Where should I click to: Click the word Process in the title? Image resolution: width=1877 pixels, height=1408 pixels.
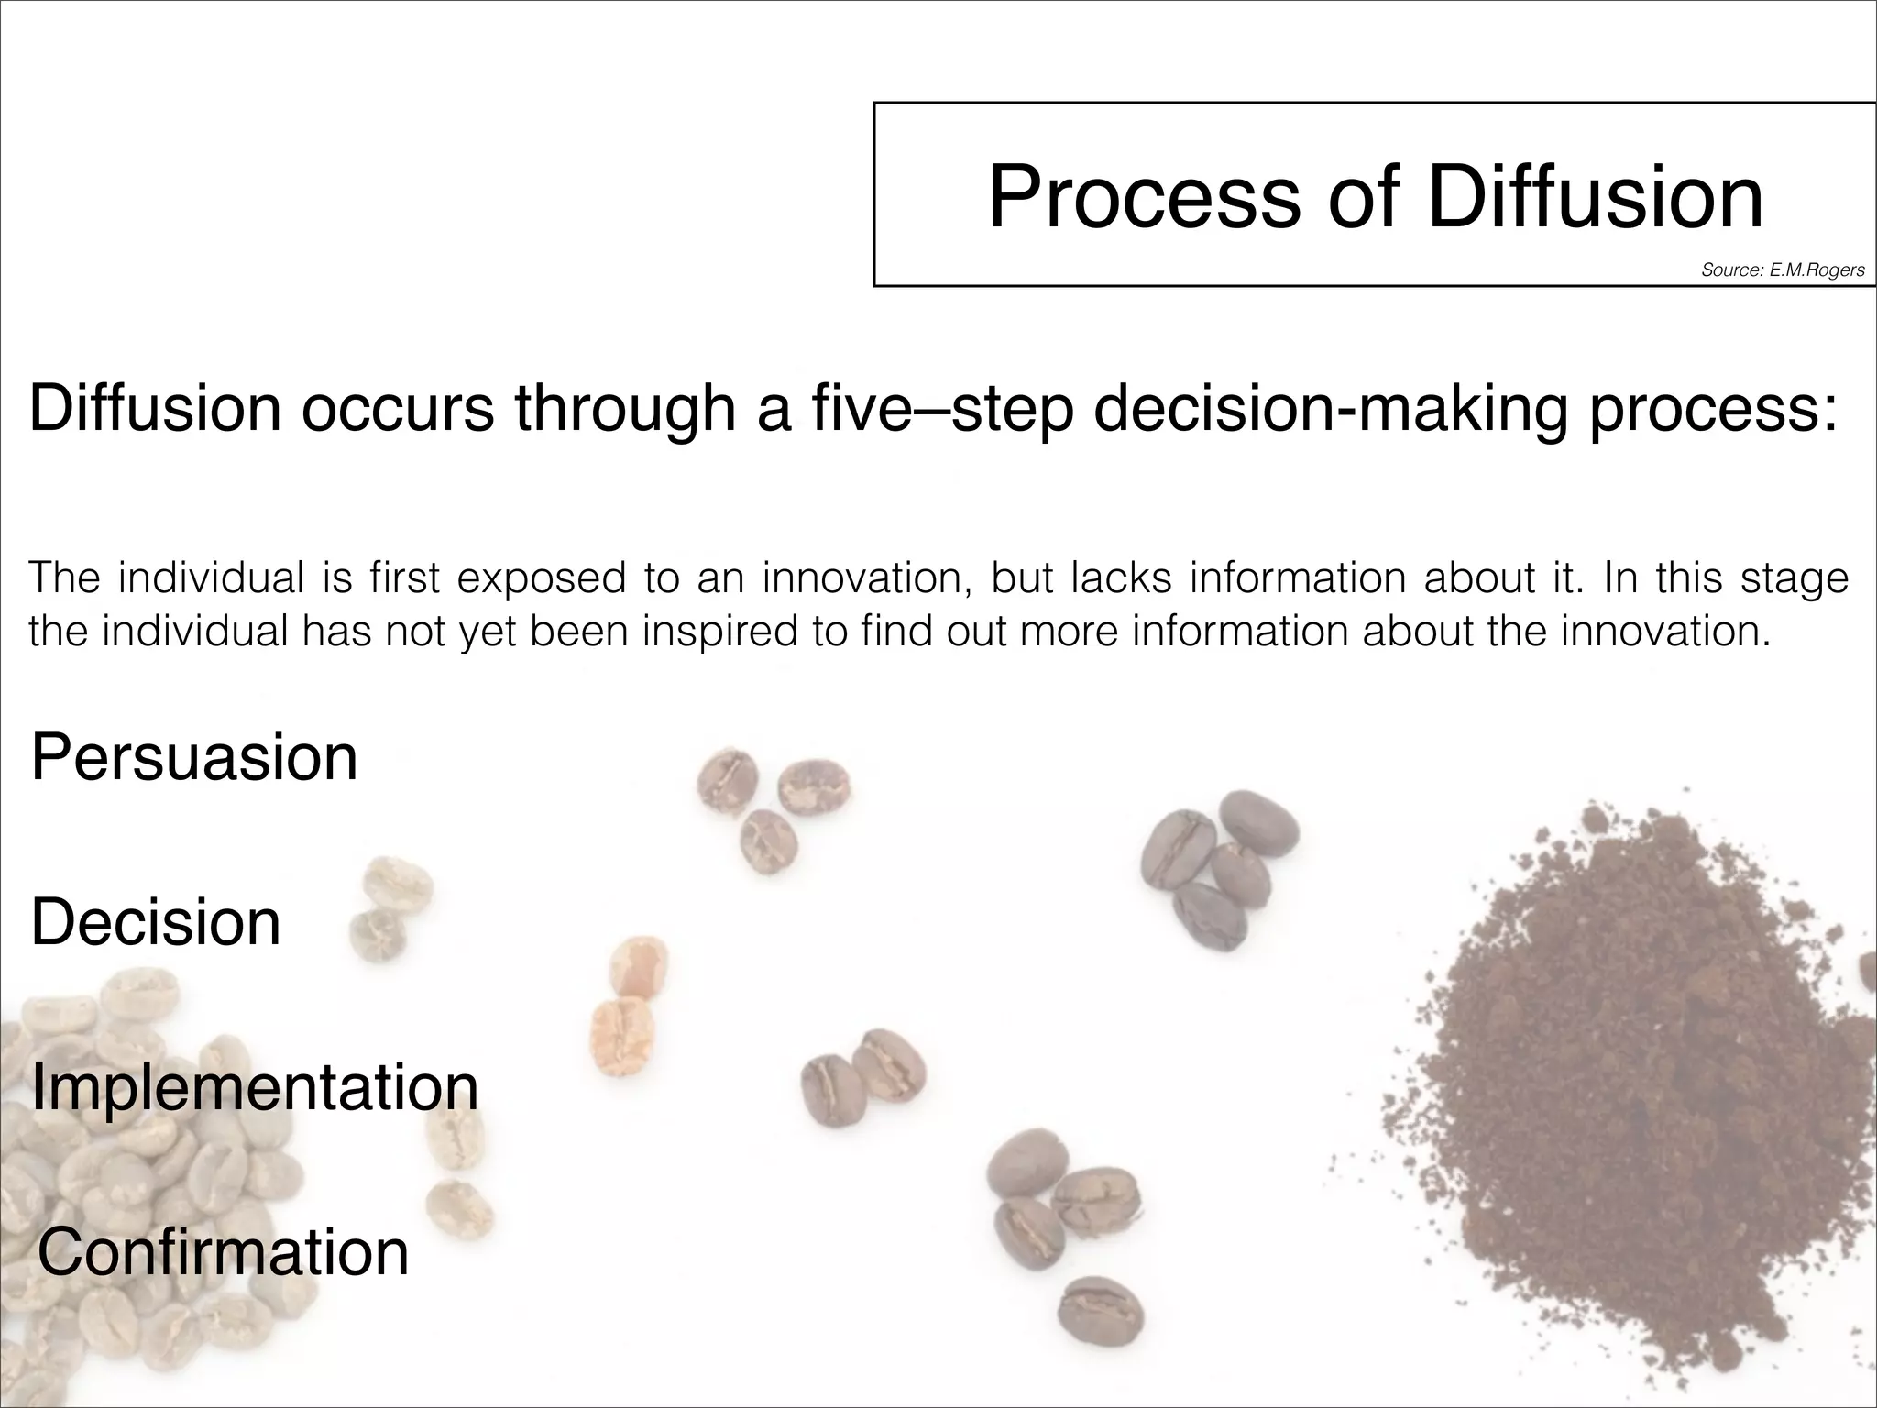(x=1144, y=198)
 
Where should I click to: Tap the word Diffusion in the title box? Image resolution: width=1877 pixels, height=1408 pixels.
(x=1595, y=196)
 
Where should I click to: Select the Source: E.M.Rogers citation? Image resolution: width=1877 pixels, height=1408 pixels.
(x=1783, y=269)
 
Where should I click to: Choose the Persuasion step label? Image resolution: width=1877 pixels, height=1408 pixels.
(x=194, y=759)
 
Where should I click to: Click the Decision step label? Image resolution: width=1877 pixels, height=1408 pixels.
(x=156, y=922)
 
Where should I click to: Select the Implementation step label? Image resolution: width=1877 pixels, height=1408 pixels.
(x=255, y=1088)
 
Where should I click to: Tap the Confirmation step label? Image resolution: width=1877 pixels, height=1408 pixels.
(x=223, y=1253)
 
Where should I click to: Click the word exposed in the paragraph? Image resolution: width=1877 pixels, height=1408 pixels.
(x=541, y=578)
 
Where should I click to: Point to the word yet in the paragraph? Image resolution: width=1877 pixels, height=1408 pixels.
(x=488, y=632)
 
